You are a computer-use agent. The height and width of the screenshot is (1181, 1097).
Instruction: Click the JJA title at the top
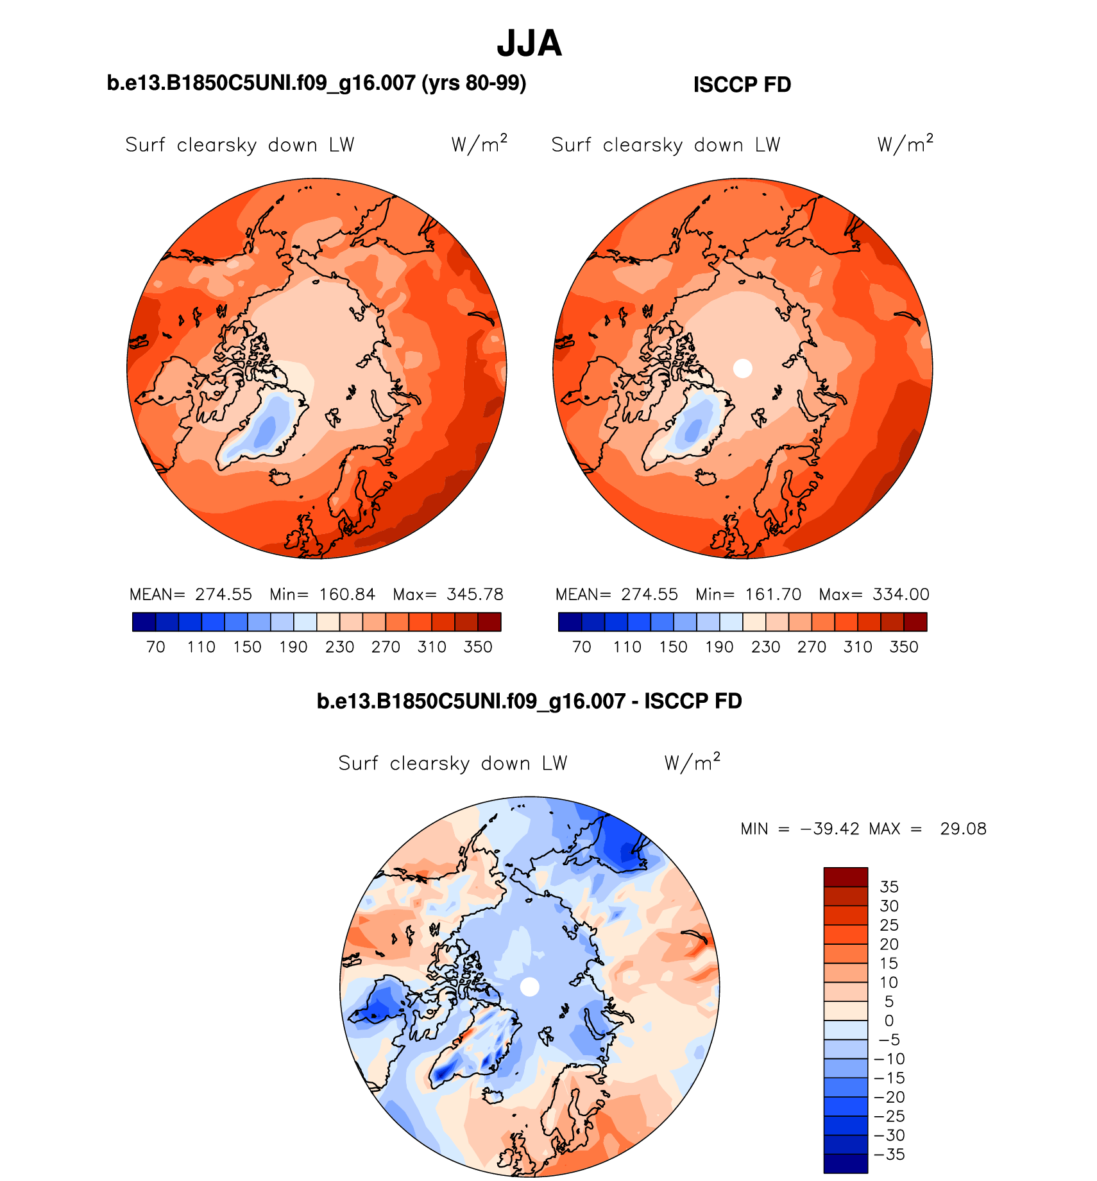click(x=529, y=44)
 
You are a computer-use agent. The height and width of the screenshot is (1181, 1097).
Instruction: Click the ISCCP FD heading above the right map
click(x=742, y=85)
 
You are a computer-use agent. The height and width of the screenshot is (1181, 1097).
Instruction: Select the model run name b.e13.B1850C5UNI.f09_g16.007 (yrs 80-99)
click(x=316, y=83)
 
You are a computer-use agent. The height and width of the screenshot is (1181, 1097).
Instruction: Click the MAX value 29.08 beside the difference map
click(x=963, y=829)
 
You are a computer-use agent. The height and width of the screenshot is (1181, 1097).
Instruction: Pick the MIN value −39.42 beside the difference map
click(x=829, y=829)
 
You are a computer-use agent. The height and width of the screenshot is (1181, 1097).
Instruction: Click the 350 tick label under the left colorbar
click(x=478, y=647)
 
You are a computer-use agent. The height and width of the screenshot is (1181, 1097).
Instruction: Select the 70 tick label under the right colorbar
click(x=582, y=647)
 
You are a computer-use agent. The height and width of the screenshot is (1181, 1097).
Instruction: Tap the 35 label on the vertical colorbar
click(x=889, y=887)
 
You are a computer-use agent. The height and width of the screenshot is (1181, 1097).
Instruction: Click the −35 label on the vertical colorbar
click(x=890, y=1155)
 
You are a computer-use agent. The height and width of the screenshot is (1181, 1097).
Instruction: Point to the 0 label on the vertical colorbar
click(x=889, y=1021)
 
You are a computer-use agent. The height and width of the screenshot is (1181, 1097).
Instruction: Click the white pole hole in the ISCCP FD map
click(x=742, y=368)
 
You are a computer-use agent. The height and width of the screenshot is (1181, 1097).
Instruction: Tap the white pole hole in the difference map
click(x=529, y=987)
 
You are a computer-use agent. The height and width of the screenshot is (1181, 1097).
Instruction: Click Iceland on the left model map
click(x=281, y=478)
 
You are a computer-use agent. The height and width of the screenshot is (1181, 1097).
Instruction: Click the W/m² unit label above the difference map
click(x=692, y=763)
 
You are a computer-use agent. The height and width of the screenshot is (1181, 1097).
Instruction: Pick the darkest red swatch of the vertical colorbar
click(x=846, y=877)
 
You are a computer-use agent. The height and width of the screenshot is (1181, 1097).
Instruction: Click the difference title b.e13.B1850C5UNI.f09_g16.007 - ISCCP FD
click(x=529, y=701)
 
